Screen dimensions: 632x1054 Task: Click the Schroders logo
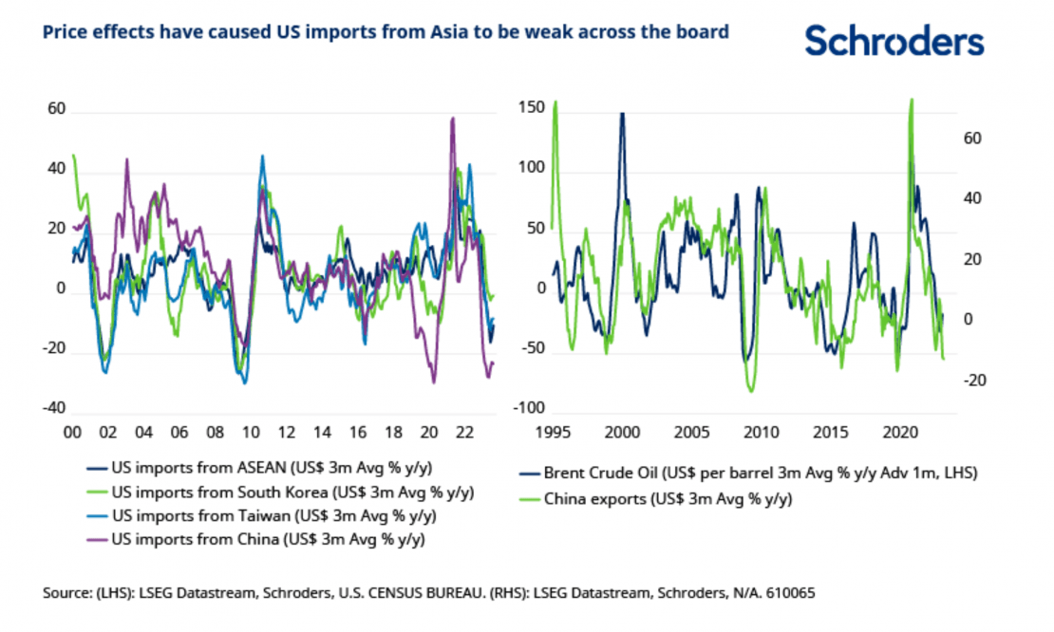[894, 41]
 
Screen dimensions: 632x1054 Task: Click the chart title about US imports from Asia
[386, 32]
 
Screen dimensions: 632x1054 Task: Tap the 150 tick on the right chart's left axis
[534, 107]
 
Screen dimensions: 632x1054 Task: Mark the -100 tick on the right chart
[531, 408]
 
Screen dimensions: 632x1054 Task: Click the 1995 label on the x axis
[553, 431]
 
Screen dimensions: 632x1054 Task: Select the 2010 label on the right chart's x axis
[759, 431]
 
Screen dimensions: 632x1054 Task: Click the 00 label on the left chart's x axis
[71, 431]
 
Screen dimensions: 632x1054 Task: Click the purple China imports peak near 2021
[453, 119]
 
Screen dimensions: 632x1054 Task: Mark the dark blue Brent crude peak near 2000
[622, 114]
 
